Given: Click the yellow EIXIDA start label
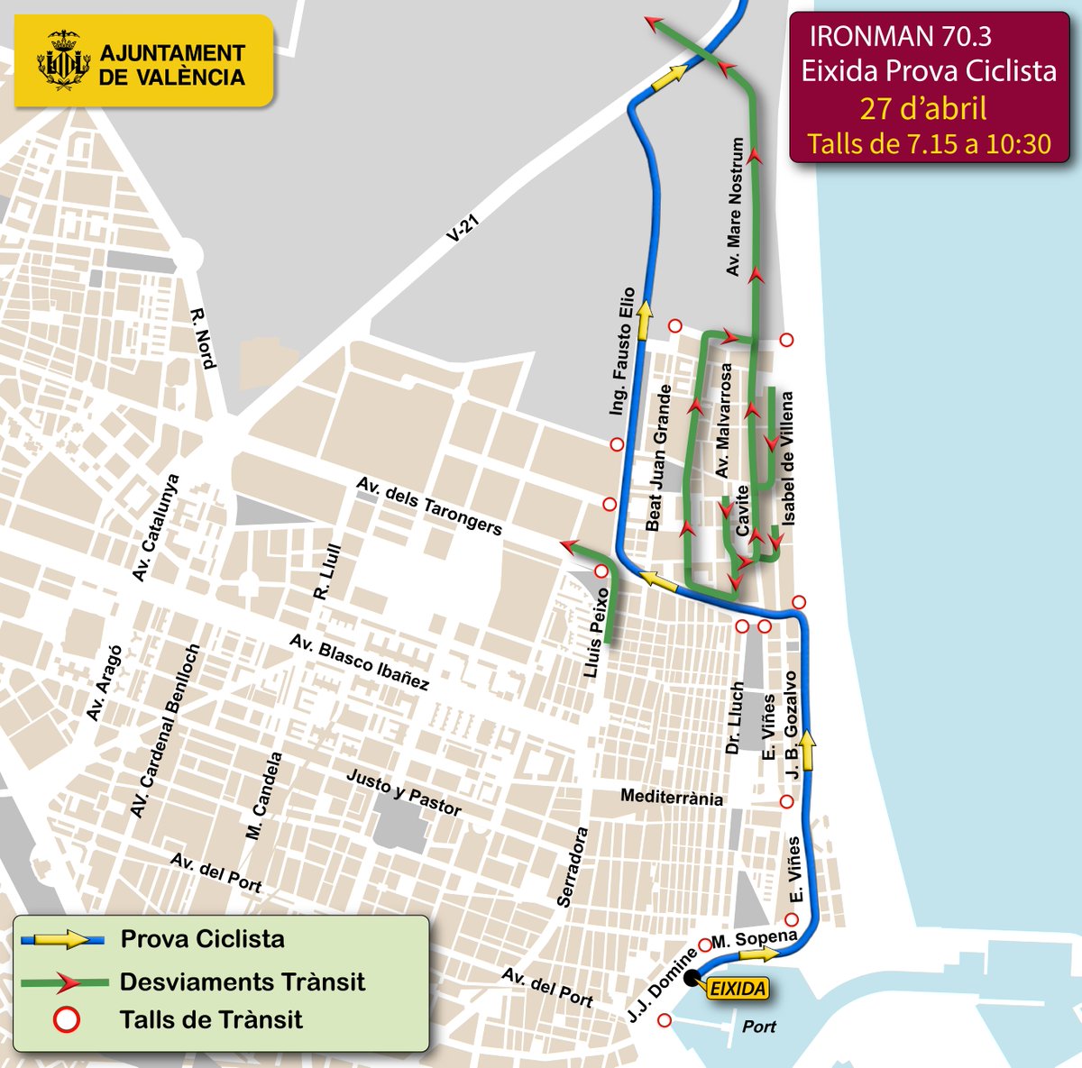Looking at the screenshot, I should point(738,989).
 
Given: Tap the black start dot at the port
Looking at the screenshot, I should point(692,978).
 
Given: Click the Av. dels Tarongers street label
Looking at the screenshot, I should point(429,506).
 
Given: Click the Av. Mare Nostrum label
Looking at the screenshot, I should point(736,207).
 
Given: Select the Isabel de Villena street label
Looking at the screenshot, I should point(788,459).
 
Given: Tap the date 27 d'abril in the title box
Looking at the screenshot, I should point(922,108).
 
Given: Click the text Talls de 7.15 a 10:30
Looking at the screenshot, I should point(929,144).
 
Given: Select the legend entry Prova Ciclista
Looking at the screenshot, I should point(203,939).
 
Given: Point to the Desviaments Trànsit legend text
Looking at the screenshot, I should point(242,981).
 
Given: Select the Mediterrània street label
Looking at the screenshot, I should point(672,798).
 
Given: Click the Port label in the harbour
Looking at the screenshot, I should point(758,1027).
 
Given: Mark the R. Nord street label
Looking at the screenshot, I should point(203,339).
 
